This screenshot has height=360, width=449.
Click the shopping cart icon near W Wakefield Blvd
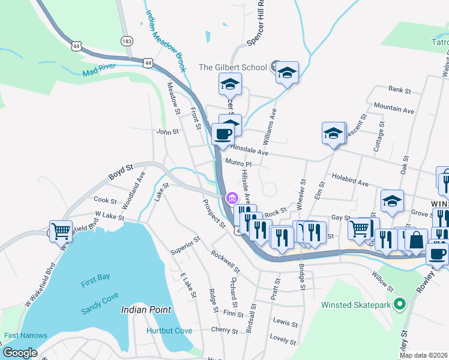pos(60,230)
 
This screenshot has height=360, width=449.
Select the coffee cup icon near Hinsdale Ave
pos(223,134)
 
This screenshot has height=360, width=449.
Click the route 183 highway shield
pos(126,41)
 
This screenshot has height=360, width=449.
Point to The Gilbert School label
pos(232,67)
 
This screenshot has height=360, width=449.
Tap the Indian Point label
pos(146,310)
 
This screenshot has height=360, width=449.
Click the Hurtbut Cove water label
pos(169,331)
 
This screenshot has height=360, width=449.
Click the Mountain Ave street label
pos(394,109)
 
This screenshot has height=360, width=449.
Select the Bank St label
pos(399,91)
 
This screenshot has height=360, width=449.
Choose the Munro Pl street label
pos(238,163)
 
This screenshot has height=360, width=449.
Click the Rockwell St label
pos(224,261)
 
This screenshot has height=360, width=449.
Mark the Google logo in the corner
pos(20,353)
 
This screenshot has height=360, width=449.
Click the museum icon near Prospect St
pos(231,199)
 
